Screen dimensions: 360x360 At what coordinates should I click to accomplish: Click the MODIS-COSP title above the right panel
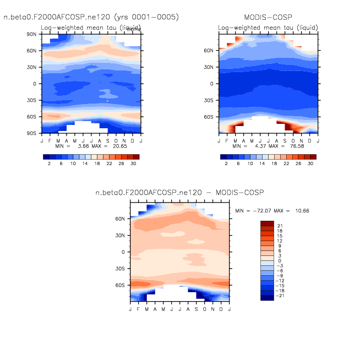[x=268, y=18]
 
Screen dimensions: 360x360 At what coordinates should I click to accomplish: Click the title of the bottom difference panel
[x=179, y=193]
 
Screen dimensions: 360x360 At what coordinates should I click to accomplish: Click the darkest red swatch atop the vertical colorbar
[x=267, y=223]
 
